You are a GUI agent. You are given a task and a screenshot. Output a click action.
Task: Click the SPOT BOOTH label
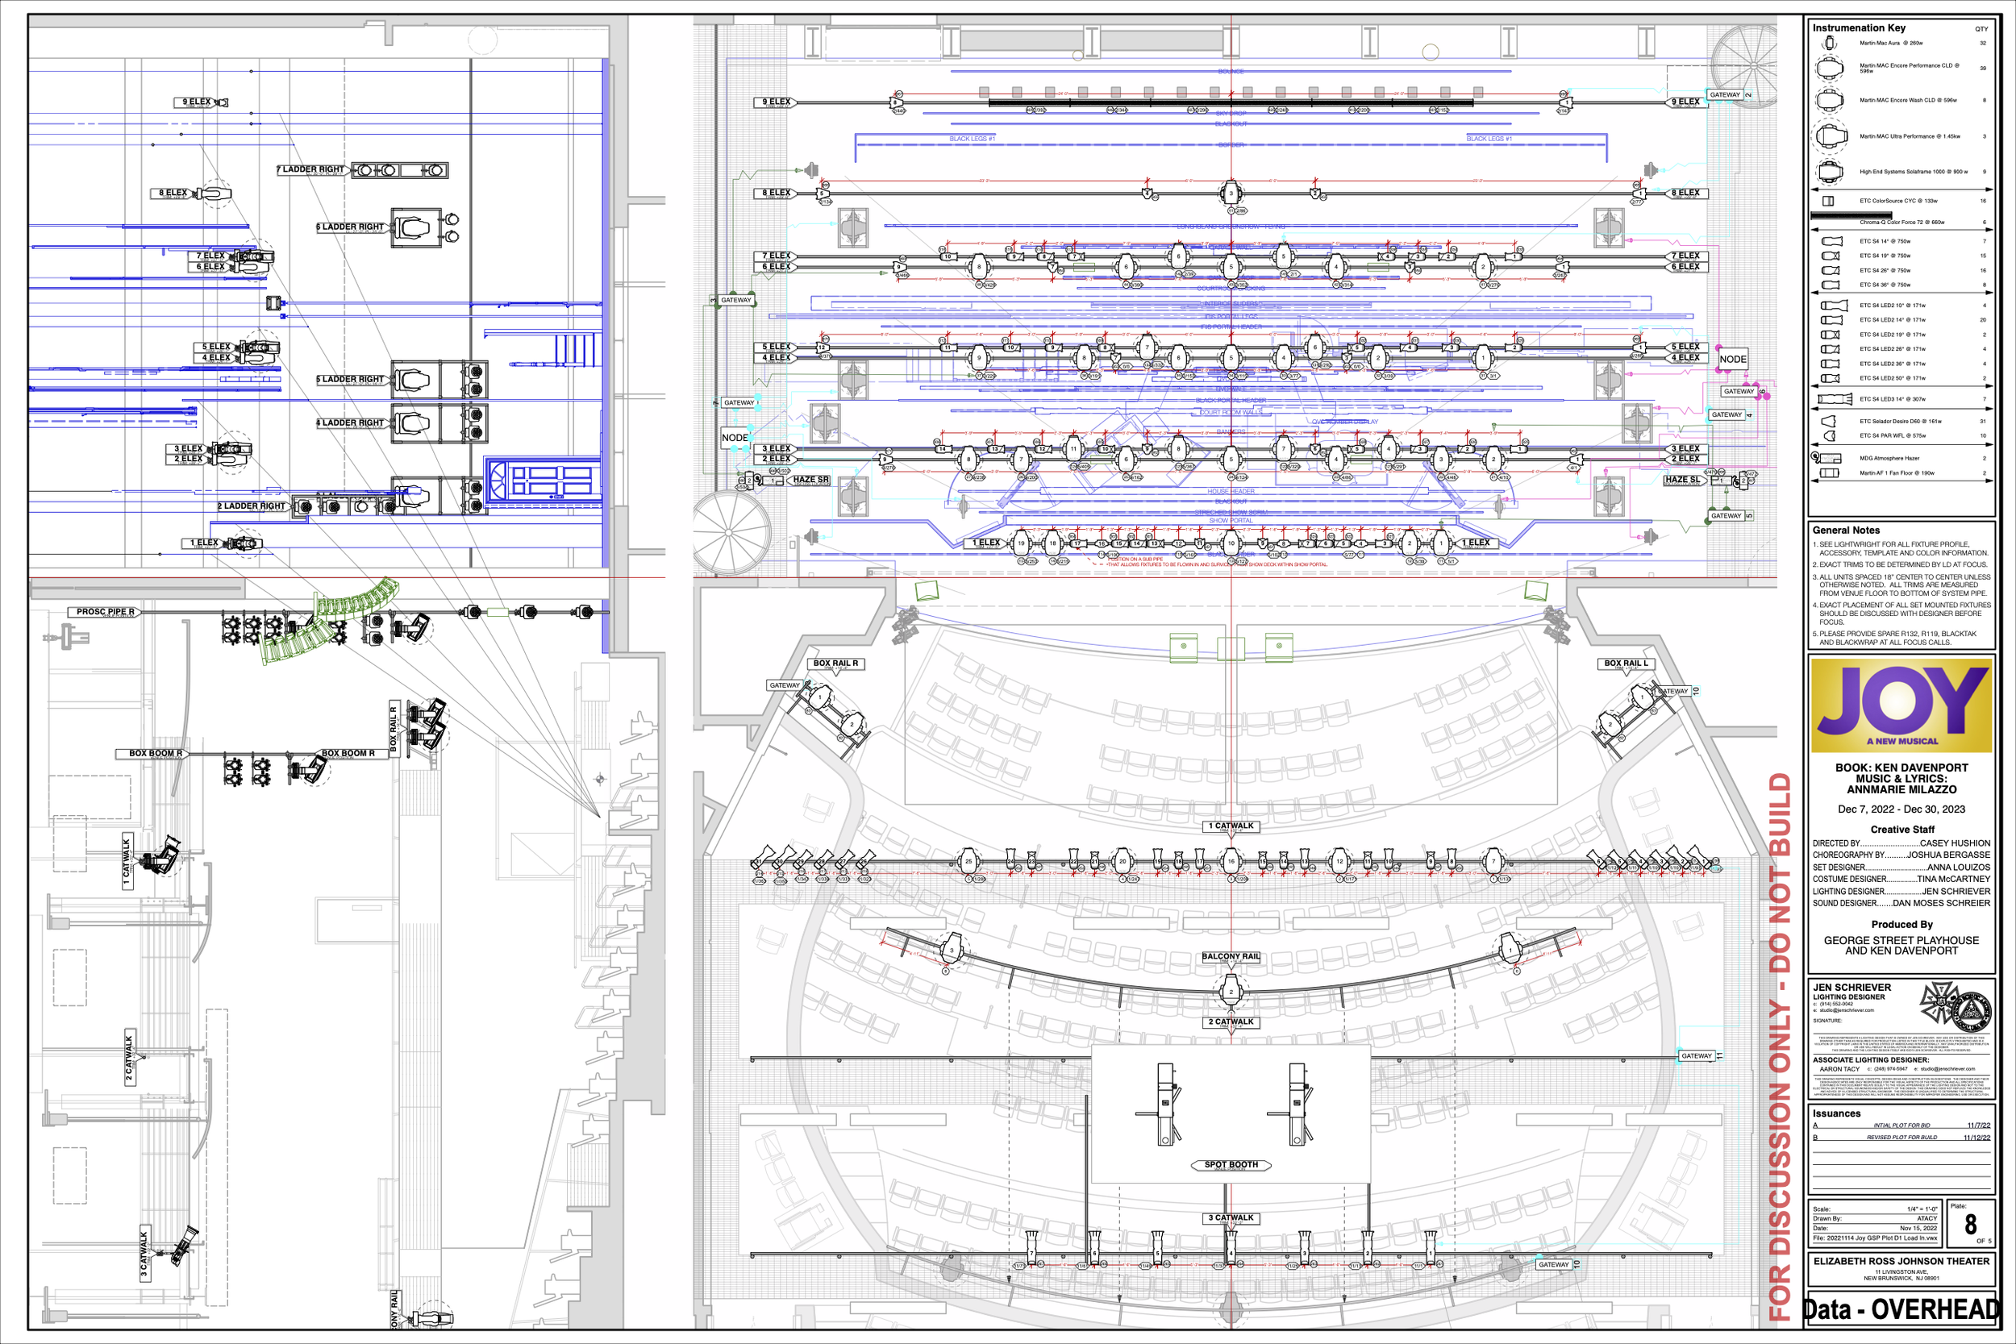pyautogui.click(x=1231, y=1165)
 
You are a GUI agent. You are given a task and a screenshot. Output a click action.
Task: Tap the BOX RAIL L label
pyautogui.click(x=1626, y=664)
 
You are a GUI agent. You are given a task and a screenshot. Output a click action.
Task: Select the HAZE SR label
pyautogui.click(x=810, y=480)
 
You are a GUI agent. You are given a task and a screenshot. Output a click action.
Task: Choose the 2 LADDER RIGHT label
pyautogui.click(x=252, y=506)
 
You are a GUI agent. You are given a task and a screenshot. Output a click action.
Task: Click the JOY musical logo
pyautogui.click(x=1901, y=705)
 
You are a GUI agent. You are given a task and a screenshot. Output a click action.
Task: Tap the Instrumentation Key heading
pyautogui.click(x=1858, y=28)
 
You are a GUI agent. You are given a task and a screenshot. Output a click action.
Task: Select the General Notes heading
pyautogui.click(x=1845, y=531)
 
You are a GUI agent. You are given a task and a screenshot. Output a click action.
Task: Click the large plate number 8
pyautogui.click(x=1971, y=1225)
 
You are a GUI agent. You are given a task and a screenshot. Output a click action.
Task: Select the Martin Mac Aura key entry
pyautogui.click(x=1879, y=43)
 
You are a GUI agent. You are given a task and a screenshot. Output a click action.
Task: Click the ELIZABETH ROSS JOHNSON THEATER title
pyautogui.click(x=1901, y=1262)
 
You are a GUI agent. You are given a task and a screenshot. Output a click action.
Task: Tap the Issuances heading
pyautogui.click(x=1836, y=1113)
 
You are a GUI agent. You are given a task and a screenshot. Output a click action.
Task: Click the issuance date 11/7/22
pyautogui.click(x=1978, y=1126)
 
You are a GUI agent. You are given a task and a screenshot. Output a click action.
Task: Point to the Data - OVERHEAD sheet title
pyautogui.click(x=1901, y=1309)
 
